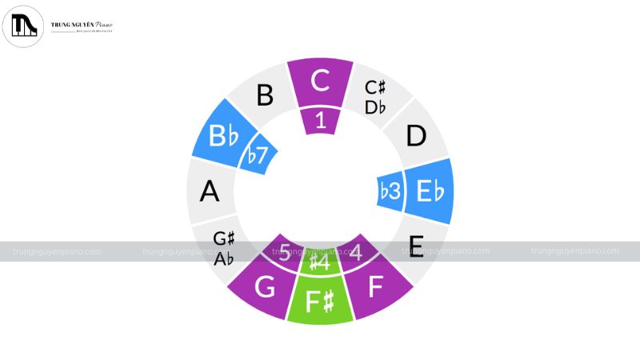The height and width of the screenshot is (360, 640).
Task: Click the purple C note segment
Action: coord(320,82)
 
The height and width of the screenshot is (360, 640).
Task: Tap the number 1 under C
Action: coord(320,121)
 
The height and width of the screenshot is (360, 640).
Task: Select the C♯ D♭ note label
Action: coord(377,97)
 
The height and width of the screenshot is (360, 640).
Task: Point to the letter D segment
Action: coord(416,136)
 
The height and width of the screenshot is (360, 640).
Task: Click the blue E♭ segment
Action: coord(429,191)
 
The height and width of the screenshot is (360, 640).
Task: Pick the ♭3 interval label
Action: coord(390,192)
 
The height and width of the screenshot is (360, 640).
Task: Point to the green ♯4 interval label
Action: coord(320,261)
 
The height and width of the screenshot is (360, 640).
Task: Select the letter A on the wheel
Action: coord(210,191)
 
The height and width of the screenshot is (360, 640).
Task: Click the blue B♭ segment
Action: coord(223,136)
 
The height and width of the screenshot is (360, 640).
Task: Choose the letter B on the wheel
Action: coord(264,97)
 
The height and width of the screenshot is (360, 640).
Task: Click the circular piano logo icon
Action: coord(22,25)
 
